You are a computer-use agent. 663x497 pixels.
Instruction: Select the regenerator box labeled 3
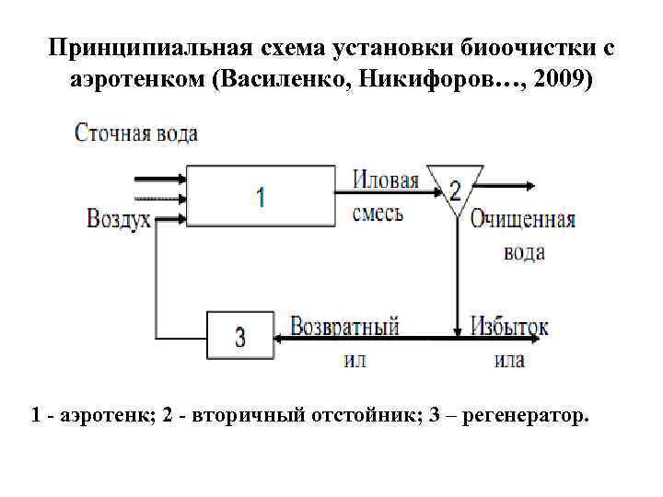[x=240, y=336]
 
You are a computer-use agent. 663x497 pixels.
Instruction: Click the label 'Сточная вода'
[x=136, y=133]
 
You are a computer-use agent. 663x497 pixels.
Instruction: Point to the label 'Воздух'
[x=119, y=219]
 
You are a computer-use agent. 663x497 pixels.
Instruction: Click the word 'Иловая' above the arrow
[x=386, y=179]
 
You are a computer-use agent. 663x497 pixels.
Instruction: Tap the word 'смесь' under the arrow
[x=378, y=214]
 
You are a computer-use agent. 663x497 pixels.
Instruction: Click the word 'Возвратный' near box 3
[x=344, y=326]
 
